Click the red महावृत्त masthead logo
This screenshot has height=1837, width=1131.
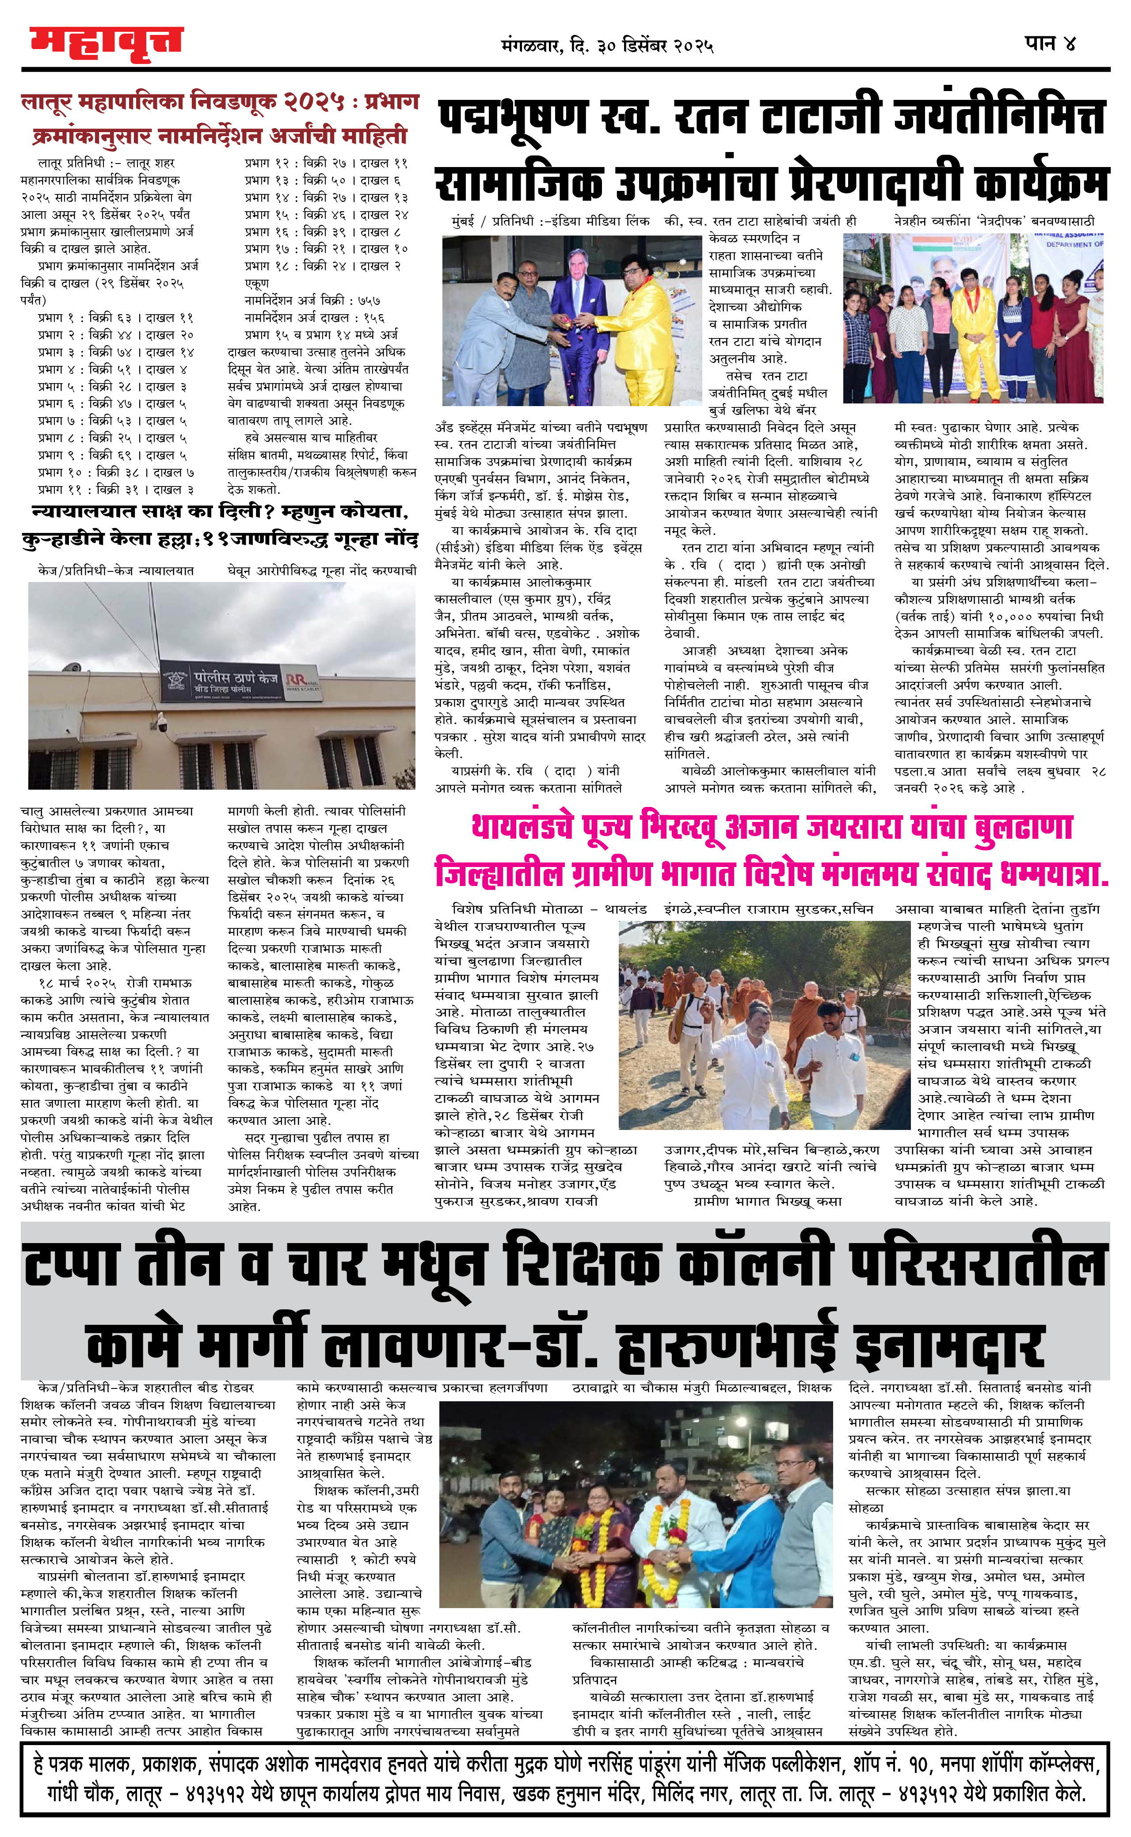point(106,43)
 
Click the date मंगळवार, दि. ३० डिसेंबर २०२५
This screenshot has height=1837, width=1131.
point(607,46)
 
